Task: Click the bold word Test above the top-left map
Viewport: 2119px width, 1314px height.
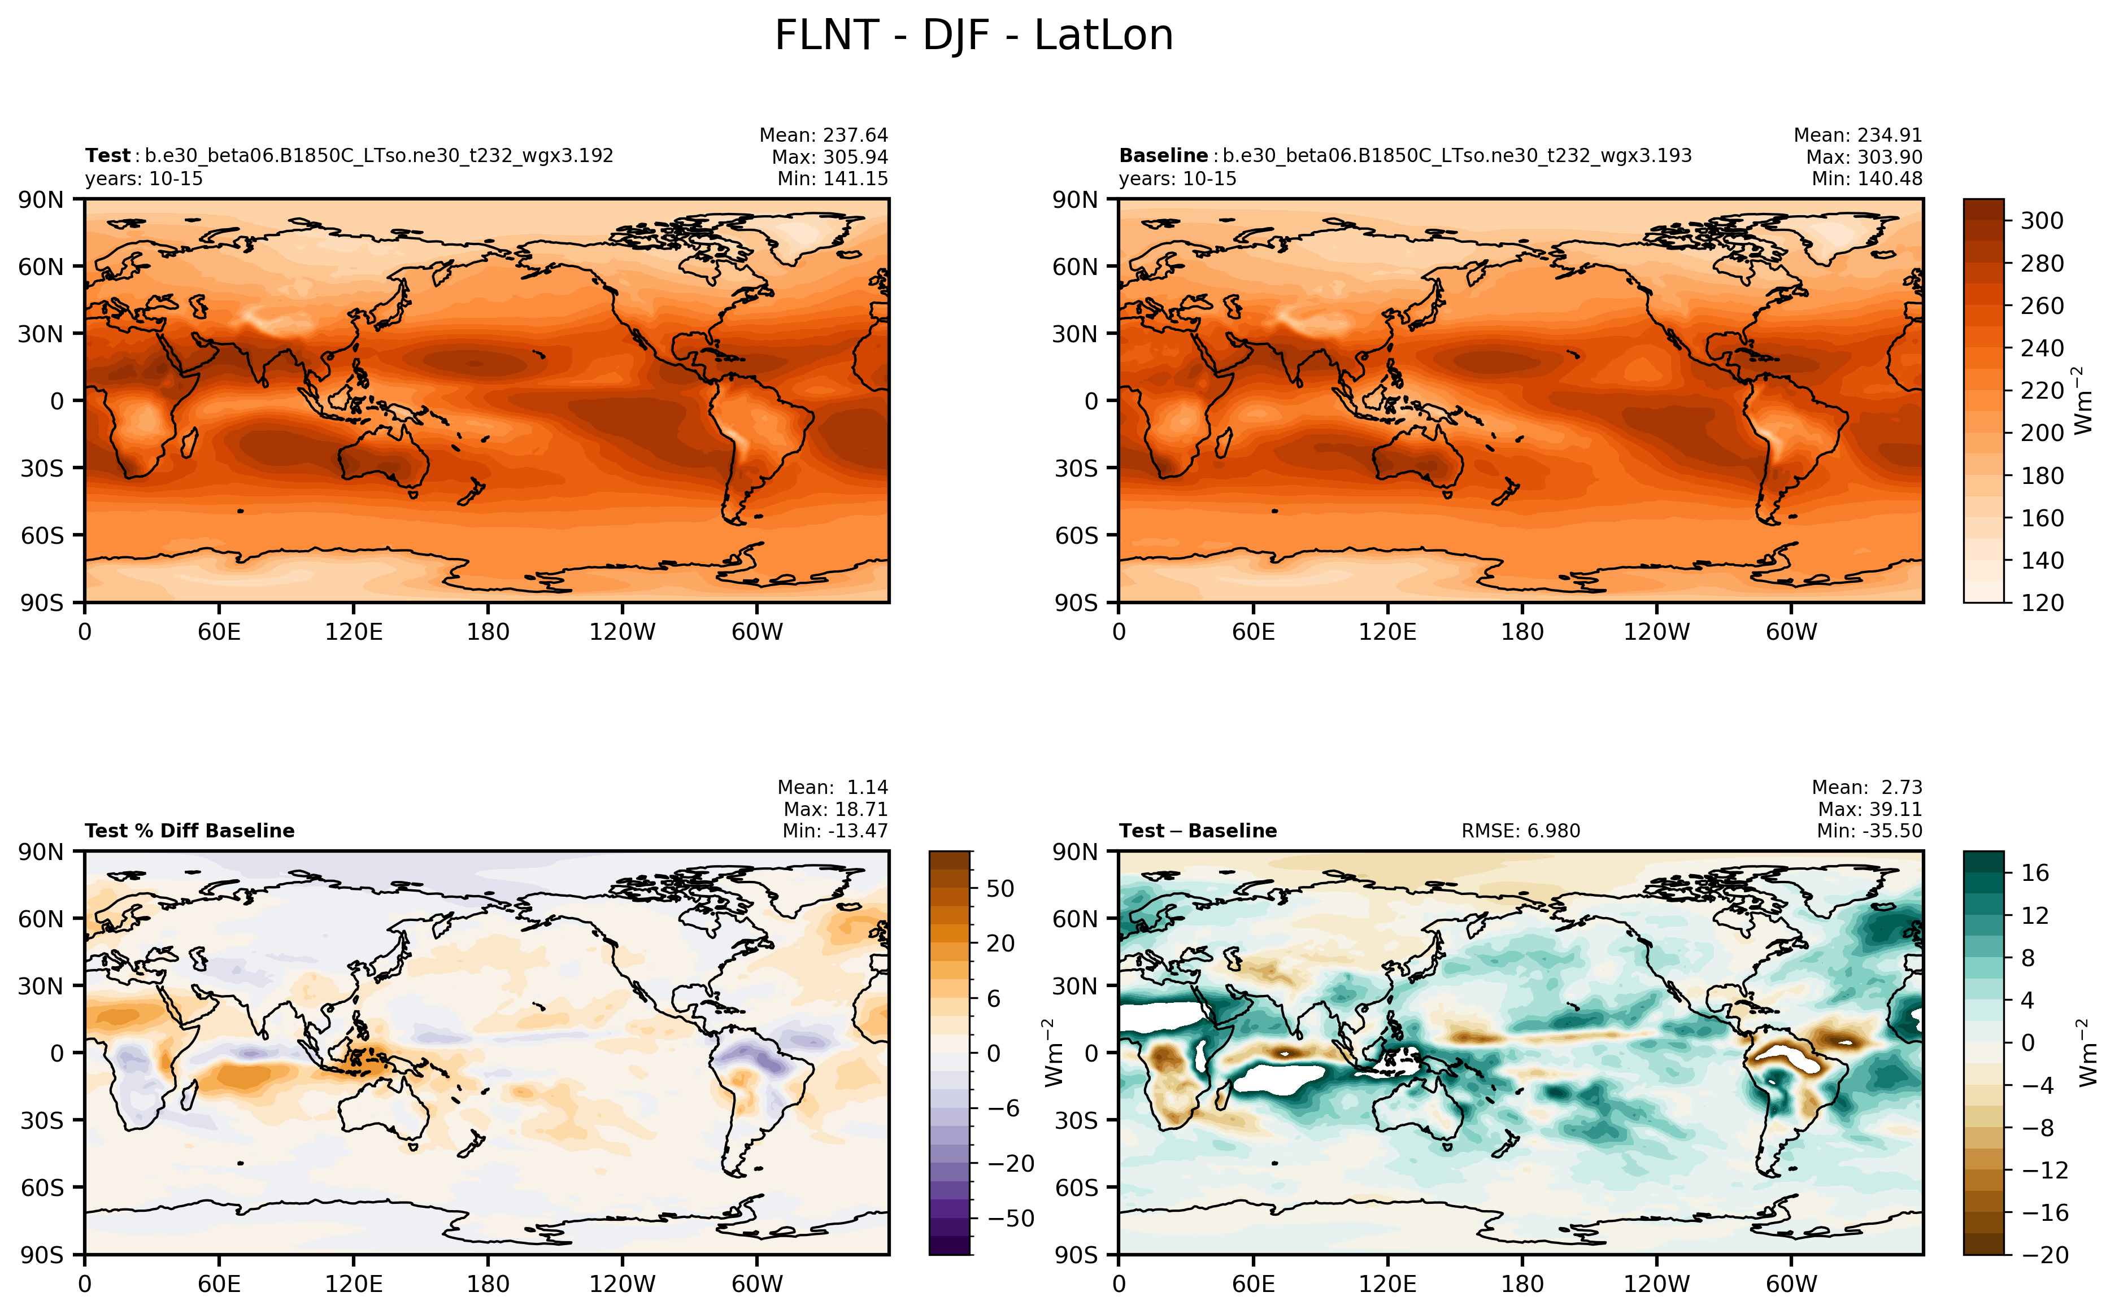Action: coord(107,155)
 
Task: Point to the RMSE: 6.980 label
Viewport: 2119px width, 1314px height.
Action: coord(1520,831)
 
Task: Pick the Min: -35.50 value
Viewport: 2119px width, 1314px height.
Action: coord(1869,831)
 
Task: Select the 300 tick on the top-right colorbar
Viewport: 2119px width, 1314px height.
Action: coord(2041,221)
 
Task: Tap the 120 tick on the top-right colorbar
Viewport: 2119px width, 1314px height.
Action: coord(2041,603)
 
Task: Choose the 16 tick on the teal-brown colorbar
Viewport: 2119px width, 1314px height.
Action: coord(2035,872)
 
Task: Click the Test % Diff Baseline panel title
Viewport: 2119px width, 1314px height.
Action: coord(189,831)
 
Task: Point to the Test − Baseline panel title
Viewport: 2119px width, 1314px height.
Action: coord(1198,831)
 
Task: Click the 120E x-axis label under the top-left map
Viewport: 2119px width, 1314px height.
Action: coord(353,632)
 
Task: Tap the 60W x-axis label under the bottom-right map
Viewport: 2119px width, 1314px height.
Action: coord(1791,1284)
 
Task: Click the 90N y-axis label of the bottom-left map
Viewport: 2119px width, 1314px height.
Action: coord(41,852)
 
